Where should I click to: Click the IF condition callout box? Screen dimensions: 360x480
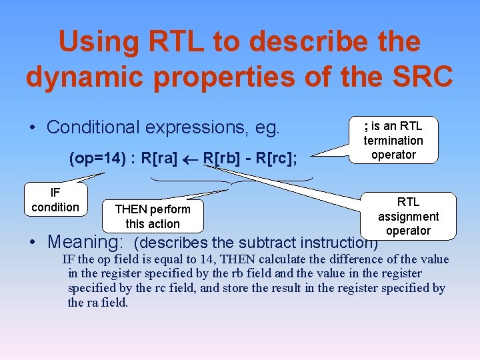click(x=55, y=200)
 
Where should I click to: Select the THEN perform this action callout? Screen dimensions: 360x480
click(x=153, y=216)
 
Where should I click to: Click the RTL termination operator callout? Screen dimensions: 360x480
click(x=393, y=140)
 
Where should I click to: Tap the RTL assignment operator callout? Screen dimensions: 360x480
click(x=408, y=216)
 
